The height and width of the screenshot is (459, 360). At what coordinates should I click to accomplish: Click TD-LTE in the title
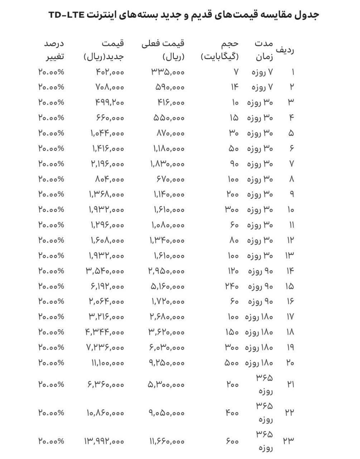click(66, 15)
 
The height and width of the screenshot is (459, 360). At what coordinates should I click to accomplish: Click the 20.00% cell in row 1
click(51, 72)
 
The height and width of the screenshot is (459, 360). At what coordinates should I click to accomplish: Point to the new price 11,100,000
click(106, 363)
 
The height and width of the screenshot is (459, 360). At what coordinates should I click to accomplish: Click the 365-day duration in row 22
click(264, 412)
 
